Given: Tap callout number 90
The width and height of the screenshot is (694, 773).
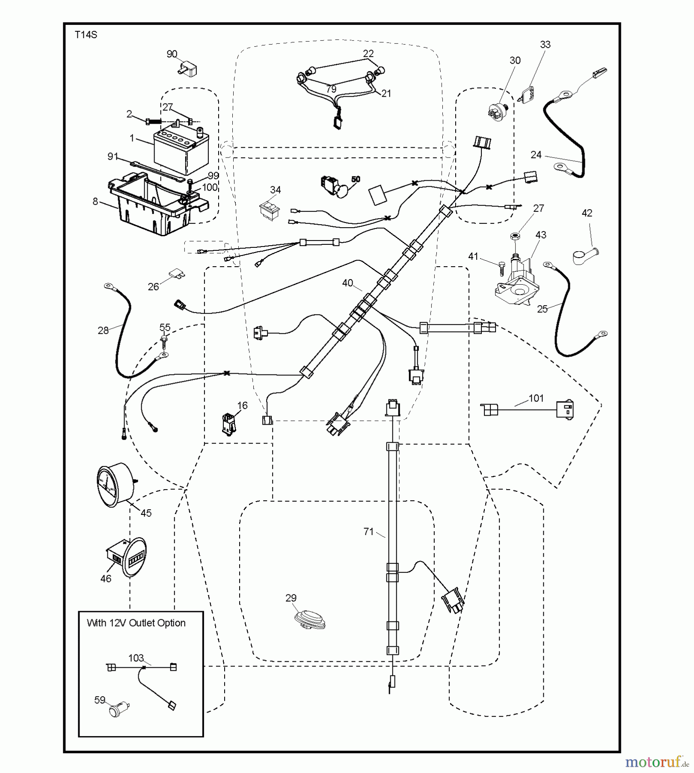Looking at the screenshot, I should [x=172, y=54].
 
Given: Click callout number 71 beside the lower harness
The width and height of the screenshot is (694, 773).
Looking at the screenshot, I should [x=368, y=532].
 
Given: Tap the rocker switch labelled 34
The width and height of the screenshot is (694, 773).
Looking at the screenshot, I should [x=269, y=210].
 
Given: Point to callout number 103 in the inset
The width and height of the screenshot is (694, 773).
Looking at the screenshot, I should [x=136, y=658].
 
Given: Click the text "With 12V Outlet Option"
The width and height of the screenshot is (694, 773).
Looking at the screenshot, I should [x=136, y=623].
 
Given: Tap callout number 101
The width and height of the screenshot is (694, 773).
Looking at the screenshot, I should [x=536, y=398].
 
